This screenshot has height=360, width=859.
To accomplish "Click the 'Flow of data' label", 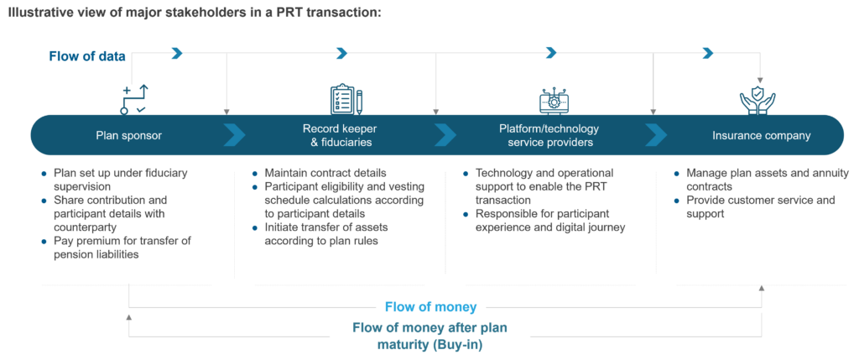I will tap(87, 57).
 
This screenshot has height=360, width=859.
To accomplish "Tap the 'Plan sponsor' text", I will tap(128, 135).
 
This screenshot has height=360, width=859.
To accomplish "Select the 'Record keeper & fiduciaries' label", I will tap(339, 135).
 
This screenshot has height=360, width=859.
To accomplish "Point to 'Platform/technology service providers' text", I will tap(549, 135).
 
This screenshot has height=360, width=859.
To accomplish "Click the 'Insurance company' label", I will tap(762, 135).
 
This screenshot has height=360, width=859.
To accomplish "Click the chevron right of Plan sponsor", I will tap(235, 135).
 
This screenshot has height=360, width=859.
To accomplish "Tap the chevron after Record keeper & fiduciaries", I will tap(445, 135).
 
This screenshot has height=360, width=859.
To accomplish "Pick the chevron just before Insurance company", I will tap(656, 135).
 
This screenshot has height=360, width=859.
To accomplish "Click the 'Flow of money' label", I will tap(431, 307).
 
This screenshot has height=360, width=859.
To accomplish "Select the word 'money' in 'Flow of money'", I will tap(453, 307).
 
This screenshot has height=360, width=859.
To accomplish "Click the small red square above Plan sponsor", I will tap(135, 91).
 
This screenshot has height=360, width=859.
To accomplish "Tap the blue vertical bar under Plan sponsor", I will tap(48, 226).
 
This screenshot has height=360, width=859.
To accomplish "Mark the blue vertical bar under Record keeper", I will tap(259, 226).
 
